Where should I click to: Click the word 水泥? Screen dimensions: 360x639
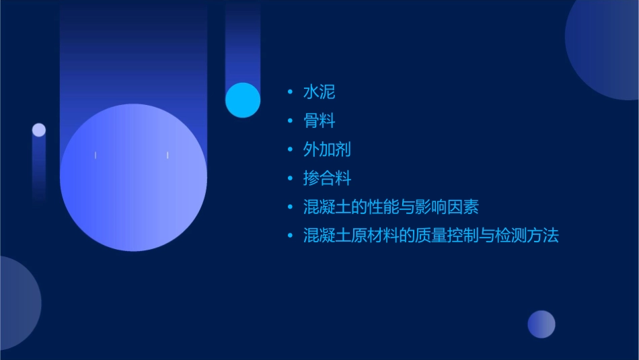pyautogui.click(x=319, y=92)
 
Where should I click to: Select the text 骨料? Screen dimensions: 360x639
pyautogui.click(x=319, y=120)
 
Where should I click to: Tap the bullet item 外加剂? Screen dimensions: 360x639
pyautogui.click(x=327, y=149)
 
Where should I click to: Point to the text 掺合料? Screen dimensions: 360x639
pyautogui.click(x=327, y=178)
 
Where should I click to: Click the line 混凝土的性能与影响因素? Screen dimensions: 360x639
pyautogui.click(x=391, y=207)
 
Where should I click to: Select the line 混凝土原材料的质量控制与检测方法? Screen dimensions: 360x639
pyautogui.click(x=430, y=236)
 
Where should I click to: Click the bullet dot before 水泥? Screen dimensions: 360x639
pyautogui.click(x=290, y=92)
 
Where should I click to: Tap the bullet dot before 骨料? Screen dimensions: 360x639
pyautogui.click(x=290, y=120)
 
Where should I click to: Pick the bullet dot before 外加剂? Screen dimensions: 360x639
pyautogui.click(x=290, y=149)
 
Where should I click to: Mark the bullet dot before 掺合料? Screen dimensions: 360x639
pyautogui.click(x=290, y=178)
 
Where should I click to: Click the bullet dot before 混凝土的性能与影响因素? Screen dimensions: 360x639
pyautogui.click(x=290, y=207)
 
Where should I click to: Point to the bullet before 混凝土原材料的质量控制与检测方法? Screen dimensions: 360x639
pyautogui.click(x=290, y=236)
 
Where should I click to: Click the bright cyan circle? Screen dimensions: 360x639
pyautogui.click(x=243, y=100)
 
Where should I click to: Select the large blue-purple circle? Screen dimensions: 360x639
pyautogui.click(x=133, y=177)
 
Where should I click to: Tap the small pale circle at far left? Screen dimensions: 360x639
pyautogui.click(x=39, y=130)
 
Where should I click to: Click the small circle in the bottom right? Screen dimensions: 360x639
pyautogui.click(x=541, y=324)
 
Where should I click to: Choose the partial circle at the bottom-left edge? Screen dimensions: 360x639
pyautogui.click(x=17, y=303)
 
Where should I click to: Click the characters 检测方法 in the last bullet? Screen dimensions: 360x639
pyautogui.click(x=527, y=236)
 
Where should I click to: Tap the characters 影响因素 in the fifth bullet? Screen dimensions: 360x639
pyautogui.click(x=447, y=207)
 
